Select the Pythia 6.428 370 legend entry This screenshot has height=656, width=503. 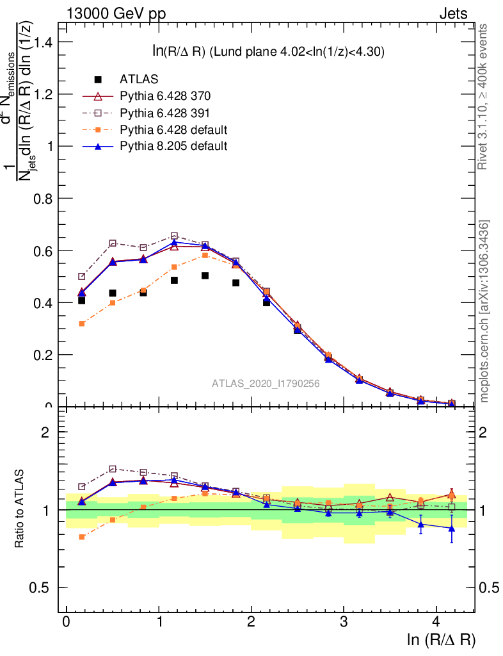click(x=165, y=96)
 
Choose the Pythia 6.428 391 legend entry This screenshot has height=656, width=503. click(x=165, y=113)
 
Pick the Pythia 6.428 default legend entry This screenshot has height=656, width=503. click(x=173, y=129)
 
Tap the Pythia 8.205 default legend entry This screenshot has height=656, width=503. click(x=173, y=146)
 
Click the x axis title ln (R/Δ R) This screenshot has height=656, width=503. click(x=441, y=640)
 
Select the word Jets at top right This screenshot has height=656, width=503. click(x=452, y=13)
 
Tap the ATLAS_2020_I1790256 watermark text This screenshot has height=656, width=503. click(x=266, y=384)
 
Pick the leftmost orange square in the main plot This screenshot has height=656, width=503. click(x=81, y=324)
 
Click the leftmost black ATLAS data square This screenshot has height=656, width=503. click(x=81, y=300)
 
